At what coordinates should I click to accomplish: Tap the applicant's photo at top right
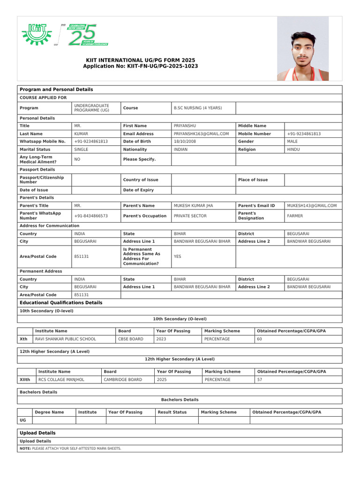302,49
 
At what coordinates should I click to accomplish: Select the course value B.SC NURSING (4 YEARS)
197,108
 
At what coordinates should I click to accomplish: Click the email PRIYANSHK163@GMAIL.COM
201,134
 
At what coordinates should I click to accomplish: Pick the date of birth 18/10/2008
185,141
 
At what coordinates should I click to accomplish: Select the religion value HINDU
293,150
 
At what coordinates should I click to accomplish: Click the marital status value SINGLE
81,150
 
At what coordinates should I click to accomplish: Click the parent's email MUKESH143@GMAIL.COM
312,205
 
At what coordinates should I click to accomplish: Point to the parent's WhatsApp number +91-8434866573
91,216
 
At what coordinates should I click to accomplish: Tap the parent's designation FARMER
295,216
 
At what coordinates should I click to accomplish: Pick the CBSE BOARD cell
131,339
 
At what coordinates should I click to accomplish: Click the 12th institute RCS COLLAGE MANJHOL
61,380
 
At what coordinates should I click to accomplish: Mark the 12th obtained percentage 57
260,380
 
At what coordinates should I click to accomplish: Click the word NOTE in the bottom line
25,449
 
